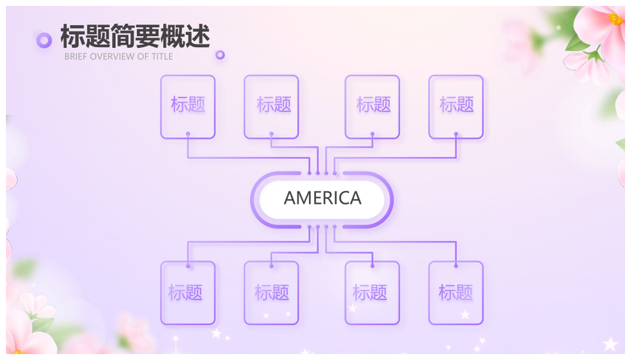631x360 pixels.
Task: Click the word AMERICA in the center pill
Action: [x=322, y=198]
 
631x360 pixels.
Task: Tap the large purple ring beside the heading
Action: [x=44, y=40]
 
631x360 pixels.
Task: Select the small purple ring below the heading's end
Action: [x=220, y=55]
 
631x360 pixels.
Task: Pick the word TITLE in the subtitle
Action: [x=162, y=56]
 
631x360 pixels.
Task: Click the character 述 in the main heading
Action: [x=198, y=36]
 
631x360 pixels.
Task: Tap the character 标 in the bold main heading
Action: [x=72, y=36]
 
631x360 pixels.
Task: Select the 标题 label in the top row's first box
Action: [x=188, y=104]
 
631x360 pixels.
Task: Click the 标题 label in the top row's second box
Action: [x=273, y=104]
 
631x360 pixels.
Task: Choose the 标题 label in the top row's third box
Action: [x=373, y=104]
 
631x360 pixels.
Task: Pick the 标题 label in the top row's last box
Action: [x=456, y=104]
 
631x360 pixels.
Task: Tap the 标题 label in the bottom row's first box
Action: [x=185, y=292]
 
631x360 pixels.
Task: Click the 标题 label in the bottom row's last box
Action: [x=456, y=292]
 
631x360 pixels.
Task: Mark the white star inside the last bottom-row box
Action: [x=465, y=314]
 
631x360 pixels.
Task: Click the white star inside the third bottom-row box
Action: [x=352, y=309]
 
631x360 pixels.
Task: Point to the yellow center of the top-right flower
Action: [x=615, y=19]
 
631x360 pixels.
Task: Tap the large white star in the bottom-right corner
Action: [x=610, y=344]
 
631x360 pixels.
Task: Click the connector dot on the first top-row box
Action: [x=188, y=133]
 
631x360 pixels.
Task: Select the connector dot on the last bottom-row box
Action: [x=456, y=266]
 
